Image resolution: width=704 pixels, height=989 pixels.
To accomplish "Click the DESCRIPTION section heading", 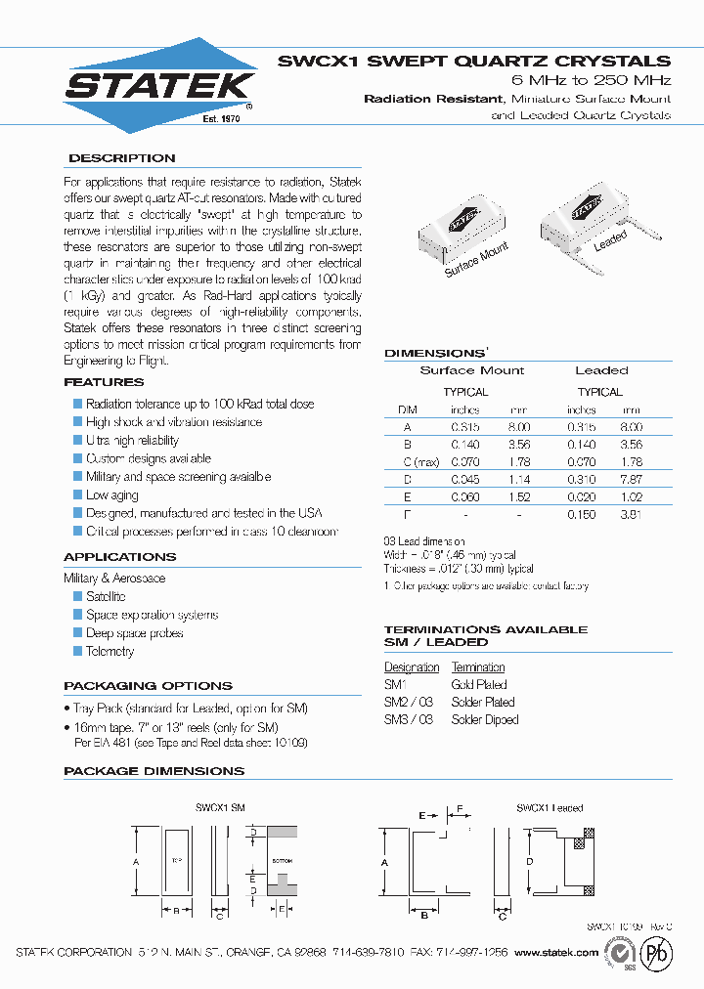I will tap(121, 158).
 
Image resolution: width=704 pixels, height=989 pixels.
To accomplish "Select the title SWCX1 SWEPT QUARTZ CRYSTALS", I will tap(474, 61).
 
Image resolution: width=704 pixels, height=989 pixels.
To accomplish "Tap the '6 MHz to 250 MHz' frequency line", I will tap(592, 79).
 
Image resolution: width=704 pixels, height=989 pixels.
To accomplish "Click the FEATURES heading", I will tap(104, 383).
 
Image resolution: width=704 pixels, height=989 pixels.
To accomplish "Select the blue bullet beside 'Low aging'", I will tap(78, 495).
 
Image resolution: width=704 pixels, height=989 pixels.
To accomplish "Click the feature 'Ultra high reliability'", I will tap(132, 441).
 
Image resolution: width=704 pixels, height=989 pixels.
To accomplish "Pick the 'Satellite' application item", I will tap(106, 596).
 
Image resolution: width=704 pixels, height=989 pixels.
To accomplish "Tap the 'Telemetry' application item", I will tap(110, 651).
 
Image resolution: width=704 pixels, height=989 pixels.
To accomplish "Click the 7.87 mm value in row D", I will tap(632, 480).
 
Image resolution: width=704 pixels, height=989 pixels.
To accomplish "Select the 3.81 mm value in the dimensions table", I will tap(632, 514).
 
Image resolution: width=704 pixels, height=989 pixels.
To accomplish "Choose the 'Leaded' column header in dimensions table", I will tap(601, 370).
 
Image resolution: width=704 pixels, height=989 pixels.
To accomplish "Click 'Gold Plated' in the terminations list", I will tap(479, 685).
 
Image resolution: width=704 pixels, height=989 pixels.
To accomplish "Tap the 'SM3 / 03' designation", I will tap(408, 719).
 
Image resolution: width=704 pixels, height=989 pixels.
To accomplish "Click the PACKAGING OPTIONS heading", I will tap(148, 686).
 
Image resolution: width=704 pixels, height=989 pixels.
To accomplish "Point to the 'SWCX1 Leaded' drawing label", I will tap(550, 808).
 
